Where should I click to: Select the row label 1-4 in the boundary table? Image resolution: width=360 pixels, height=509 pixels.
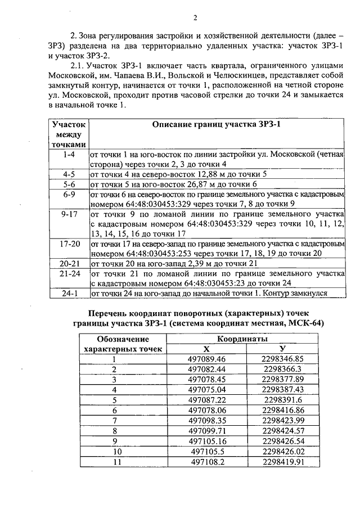point(70,153)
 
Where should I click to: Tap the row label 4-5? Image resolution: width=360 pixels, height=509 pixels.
point(70,174)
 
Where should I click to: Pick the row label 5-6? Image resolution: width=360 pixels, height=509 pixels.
point(70,184)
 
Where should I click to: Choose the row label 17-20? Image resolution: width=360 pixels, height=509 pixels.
point(70,245)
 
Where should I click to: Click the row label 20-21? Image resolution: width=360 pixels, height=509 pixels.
point(70,262)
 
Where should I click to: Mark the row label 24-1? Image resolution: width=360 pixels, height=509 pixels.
point(70,293)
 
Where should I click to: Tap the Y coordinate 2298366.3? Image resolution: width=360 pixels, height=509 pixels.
point(282,369)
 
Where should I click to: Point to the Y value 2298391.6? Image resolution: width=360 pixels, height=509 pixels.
point(282,399)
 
